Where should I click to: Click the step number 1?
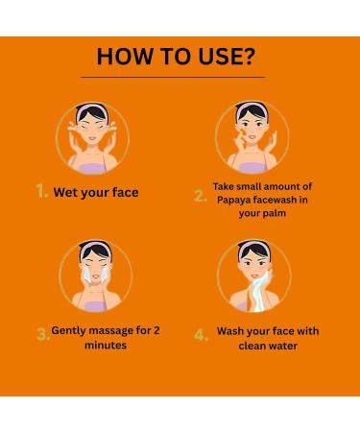41,192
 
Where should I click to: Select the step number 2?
200,196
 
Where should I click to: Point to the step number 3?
42,335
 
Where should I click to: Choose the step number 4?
200,335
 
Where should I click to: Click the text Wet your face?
96,193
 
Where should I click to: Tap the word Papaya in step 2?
235,201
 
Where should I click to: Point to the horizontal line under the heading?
180,77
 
